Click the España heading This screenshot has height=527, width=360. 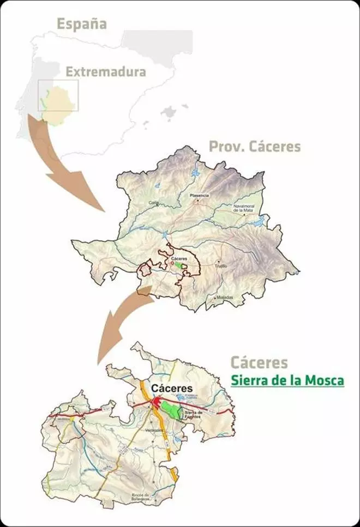82,23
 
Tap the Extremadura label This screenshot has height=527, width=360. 106,71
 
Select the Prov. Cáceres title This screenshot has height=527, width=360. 255,146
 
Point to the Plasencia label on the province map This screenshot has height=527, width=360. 199,195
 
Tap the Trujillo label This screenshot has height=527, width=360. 220,265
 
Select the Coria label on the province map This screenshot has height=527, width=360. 153,203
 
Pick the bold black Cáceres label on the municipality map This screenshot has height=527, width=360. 172,389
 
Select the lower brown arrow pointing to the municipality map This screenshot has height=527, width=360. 120,322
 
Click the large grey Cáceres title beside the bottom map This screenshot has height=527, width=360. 259,362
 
